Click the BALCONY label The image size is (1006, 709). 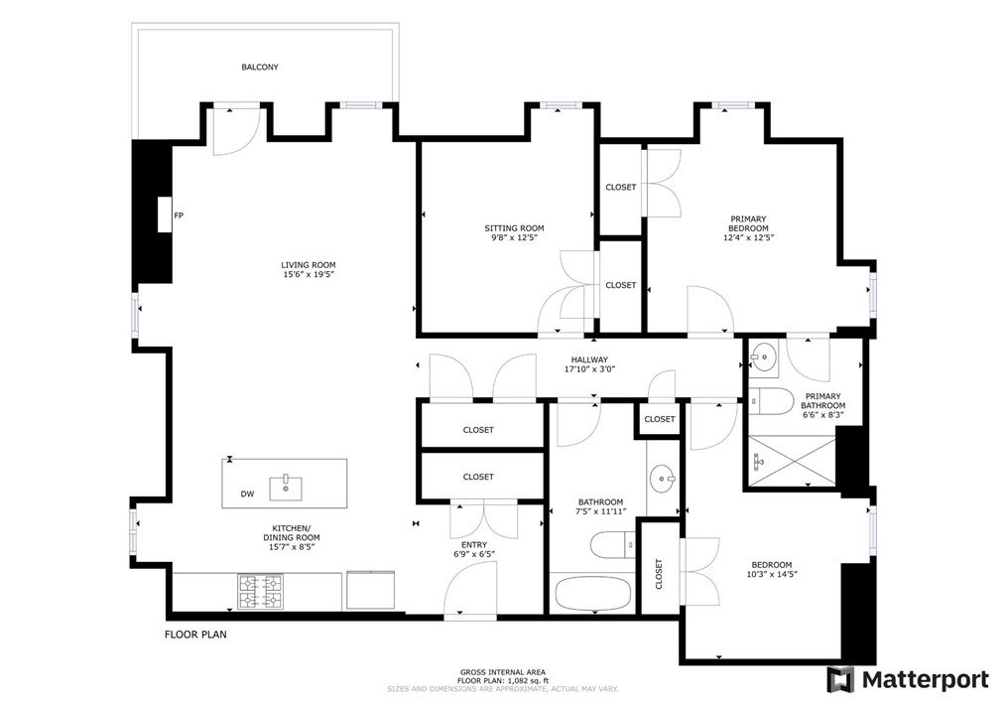click(x=260, y=67)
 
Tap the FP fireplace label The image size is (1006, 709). click(x=179, y=215)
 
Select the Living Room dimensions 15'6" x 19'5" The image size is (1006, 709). click(x=309, y=274)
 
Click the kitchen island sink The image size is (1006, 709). click(x=285, y=488)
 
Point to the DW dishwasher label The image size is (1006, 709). click(x=248, y=494)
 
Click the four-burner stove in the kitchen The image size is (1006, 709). click(x=261, y=592)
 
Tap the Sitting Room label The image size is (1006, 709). click(x=514, y=228)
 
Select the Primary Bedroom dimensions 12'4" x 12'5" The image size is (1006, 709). click(x=749, y=237)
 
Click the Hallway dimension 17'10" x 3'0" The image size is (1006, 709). click(x=589, y=369)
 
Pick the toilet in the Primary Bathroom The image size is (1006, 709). click(x=772, y=401)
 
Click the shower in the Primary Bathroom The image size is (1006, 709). click(x=793, y=461)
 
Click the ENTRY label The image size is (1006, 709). click(x=474, y=544)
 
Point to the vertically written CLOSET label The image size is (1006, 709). click(x=659, y=574)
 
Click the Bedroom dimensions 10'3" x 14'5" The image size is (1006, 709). click(x=772, y=574)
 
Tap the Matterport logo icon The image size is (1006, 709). click(x=840, y=679)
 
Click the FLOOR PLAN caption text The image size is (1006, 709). click(x=195, y=635)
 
